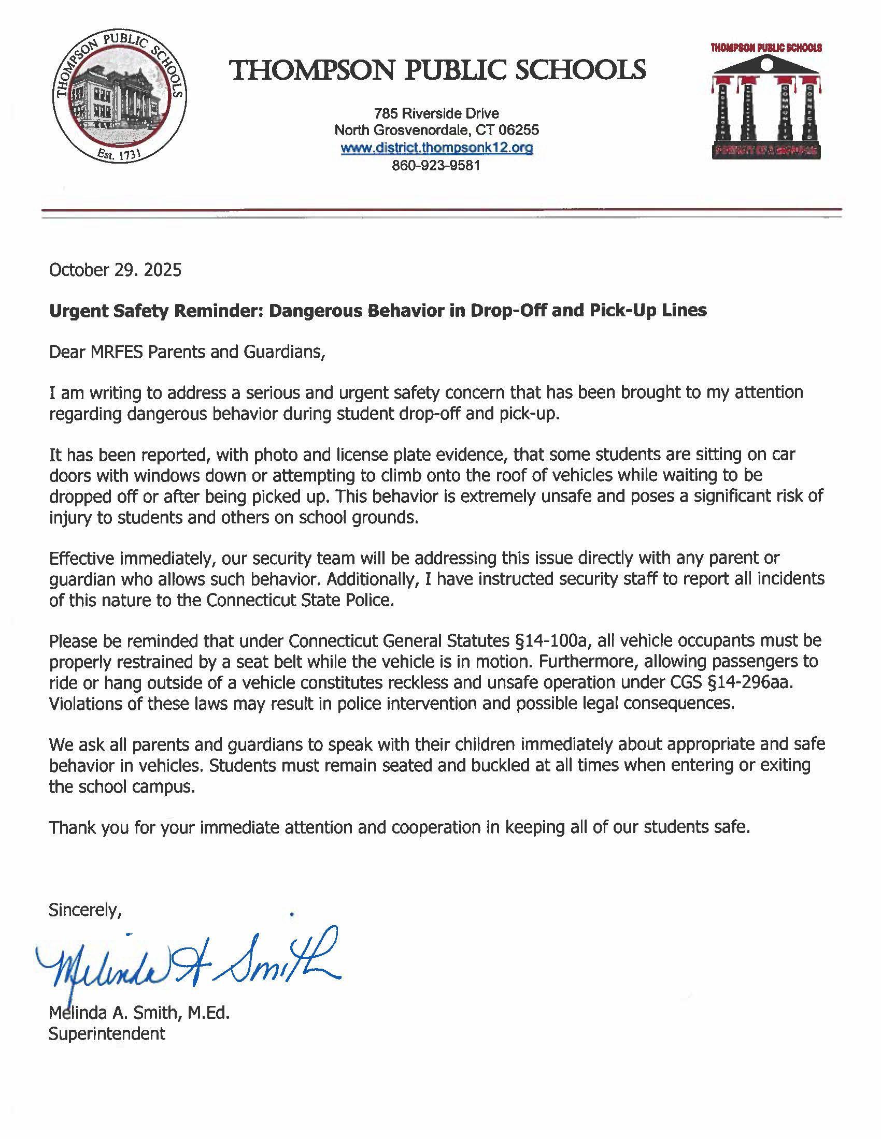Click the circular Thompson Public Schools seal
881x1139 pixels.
120,98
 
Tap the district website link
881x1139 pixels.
436,148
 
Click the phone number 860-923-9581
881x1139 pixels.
436,166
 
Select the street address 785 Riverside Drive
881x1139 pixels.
436,113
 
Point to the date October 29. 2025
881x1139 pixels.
116,270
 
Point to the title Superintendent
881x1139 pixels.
106,1033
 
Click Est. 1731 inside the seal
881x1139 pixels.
120,154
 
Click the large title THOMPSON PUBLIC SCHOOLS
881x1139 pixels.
438,69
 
